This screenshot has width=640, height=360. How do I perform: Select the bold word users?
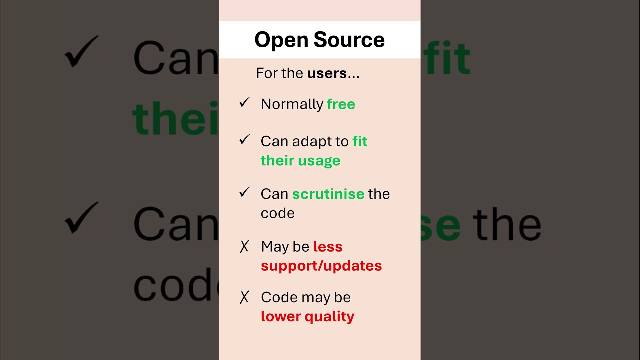327,73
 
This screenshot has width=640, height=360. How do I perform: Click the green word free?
341,104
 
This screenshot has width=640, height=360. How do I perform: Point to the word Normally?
292,104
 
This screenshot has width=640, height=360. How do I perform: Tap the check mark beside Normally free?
244,103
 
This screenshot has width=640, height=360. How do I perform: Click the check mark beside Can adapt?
244,140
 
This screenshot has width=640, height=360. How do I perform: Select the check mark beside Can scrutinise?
244,192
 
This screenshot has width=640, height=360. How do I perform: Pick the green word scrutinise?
328,194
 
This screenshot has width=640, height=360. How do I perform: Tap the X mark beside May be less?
244,246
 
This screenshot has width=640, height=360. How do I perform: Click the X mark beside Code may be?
244,297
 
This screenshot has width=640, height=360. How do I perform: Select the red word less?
328,247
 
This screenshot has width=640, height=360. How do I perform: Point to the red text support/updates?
321,266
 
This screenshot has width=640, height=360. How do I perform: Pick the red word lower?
278,316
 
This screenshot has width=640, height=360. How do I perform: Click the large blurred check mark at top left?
81,52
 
